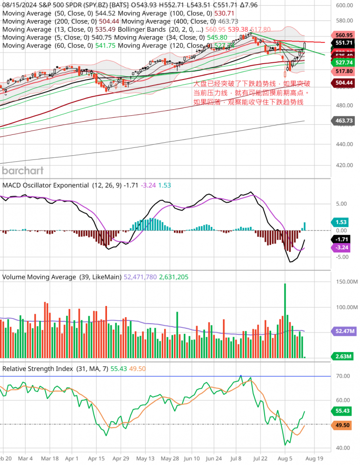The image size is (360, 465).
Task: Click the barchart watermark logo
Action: [x=23, y=170]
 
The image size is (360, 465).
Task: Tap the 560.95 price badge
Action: [x=344, y=35]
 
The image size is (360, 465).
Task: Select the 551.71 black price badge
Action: [x=344, y=42]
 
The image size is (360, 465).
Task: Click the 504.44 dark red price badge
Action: [x=344, y=82]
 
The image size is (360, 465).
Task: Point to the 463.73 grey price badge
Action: [x=344, y=121]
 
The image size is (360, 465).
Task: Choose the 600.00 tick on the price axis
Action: [x=345, y=6]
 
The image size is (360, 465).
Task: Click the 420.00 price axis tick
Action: [x=345, y=165]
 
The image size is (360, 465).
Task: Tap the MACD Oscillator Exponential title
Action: [x=46, y=185]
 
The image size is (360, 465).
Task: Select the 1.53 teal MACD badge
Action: [x=342, y=222]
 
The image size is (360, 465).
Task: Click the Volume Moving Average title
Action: [x=39, y=277]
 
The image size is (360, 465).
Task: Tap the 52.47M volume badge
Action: [x=344, y=331]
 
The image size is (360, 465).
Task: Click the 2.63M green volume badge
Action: [x=343, y=356]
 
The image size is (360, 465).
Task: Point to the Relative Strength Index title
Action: [x=38, y=368]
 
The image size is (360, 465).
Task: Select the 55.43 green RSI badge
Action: [x=343, y=411]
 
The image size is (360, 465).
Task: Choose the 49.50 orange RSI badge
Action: [x=343, y=425]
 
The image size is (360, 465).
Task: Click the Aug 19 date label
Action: [x=314, y=458]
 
